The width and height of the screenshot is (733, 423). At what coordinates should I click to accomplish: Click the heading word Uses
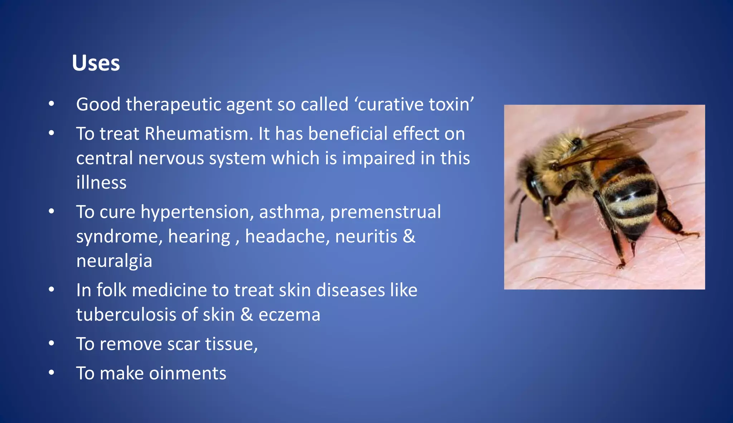coord(96,63)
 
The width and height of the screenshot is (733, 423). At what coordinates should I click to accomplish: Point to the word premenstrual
coord(385,212)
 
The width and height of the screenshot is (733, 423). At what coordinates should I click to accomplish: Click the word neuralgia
coord(114,261)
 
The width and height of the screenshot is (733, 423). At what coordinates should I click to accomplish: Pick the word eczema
coord(289,315)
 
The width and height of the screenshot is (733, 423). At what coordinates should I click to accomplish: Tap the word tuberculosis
coord(126,315)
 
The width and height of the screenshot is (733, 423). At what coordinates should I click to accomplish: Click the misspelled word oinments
coord(188,374)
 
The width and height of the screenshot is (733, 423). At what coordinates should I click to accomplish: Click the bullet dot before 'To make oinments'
coord(52,373)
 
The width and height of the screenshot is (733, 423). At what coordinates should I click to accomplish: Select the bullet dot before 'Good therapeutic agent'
coord(52,104)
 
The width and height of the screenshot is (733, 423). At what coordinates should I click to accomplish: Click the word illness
coord(101,183)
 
